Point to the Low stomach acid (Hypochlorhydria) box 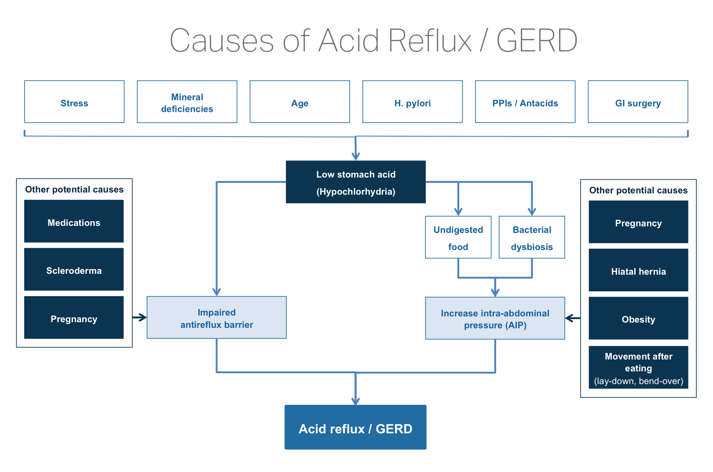pos(355,182)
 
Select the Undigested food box pos(458,237)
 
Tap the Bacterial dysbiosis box pos(532,237)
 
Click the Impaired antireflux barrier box pos(216,317)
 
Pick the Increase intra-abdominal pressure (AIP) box pos(495,318)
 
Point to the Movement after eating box pos(638,367)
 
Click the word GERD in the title pos(537,40)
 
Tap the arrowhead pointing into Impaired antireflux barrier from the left pos(143,317)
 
